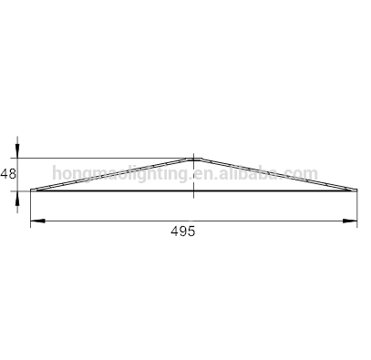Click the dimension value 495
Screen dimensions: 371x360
[183, 231]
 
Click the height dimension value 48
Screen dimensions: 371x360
[8, 174]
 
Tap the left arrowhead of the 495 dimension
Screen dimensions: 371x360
[37, 221]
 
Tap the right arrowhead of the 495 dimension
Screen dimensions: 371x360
[350, 221]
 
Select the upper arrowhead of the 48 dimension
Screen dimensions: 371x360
[17, 150]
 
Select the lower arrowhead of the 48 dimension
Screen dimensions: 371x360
[17, 199]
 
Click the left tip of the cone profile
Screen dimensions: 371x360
[31, 190]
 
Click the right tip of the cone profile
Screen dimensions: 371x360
[356, 190]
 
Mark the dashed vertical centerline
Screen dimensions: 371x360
[194, 176]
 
